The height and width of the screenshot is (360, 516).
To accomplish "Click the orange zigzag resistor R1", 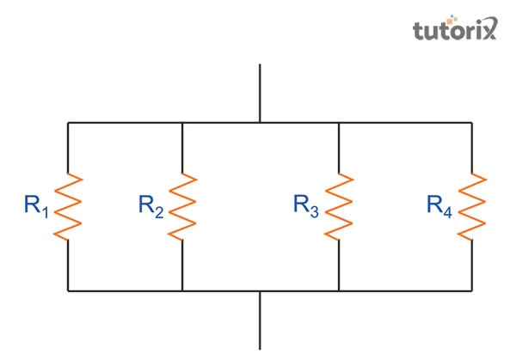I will pyautogui.click(x=68, y=206).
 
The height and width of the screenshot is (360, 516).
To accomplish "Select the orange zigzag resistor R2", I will pyautogui.click(x=183, y=206).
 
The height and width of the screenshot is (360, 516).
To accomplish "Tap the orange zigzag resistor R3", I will pyautogui.click(x=340, y=206).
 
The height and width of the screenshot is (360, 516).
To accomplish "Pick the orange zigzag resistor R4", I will pyautogui.click(x=471, y=206).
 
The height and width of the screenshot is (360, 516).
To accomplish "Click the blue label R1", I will pyautogui.click(x=36, y=206).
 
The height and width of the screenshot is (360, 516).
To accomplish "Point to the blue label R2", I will pyautogui.click(x=151, y=206).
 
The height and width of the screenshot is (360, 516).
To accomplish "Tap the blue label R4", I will pyautogui.click(x=439, y=206).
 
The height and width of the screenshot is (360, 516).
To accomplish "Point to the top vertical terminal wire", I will pyautogui.click(x=261, y=93).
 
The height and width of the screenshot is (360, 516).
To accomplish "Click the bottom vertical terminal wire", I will pyautogui.click(x=261, y=320).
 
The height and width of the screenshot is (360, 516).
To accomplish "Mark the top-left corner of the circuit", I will pyautogui.click(x=68, y=123).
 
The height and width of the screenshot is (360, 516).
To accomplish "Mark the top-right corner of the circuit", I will pyautogui.click(x=471, y=123).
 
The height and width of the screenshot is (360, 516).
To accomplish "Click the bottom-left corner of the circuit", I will pyautogui.click(x=68, y=291).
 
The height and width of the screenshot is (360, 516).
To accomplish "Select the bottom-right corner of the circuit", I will pyautogui.click(x=471, y=291).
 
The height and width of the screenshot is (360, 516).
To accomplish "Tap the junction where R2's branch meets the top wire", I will pyautogui.click(x=183, y=123).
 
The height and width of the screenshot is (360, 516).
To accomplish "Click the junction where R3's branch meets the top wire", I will pyautogui.click(x=340, y=123).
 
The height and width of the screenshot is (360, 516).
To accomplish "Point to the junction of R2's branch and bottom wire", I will pyautogui.click(x=183, y=291).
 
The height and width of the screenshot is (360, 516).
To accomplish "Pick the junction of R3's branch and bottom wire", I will pyautogui.click(x=340, y=291).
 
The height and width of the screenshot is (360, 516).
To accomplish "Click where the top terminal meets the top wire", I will pyautogui.click(x=261, y=123).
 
